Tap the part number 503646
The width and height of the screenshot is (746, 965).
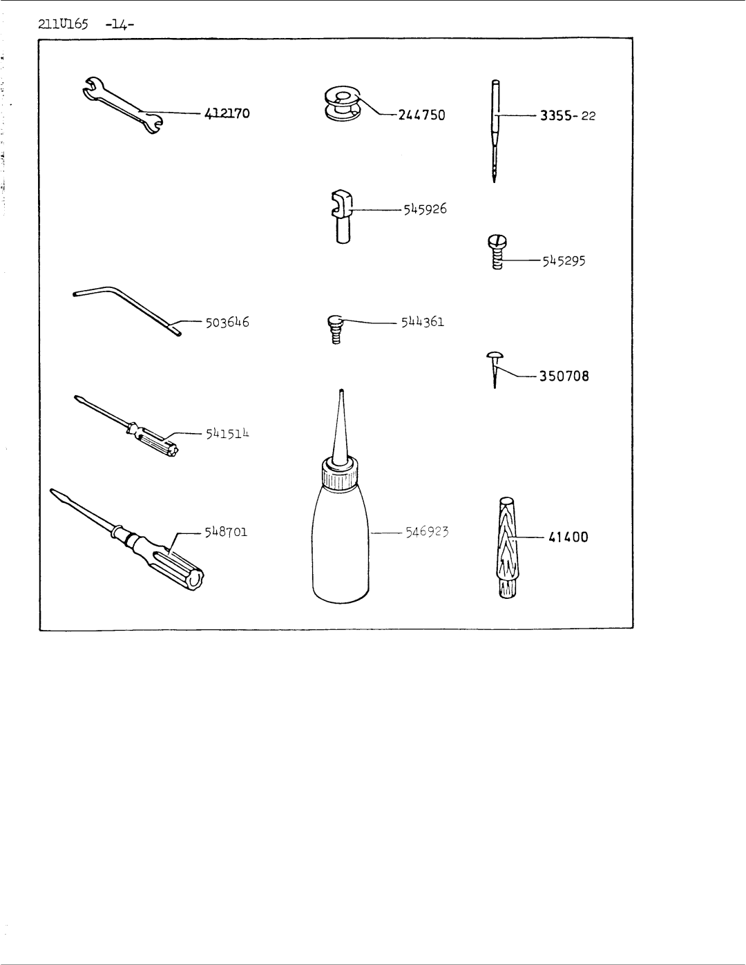(x=227, y=323)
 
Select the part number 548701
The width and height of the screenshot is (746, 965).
(x=226, y=532)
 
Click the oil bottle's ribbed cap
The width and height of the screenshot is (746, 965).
(x=341, y=475)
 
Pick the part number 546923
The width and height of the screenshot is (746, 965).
(x=427, y=532)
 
